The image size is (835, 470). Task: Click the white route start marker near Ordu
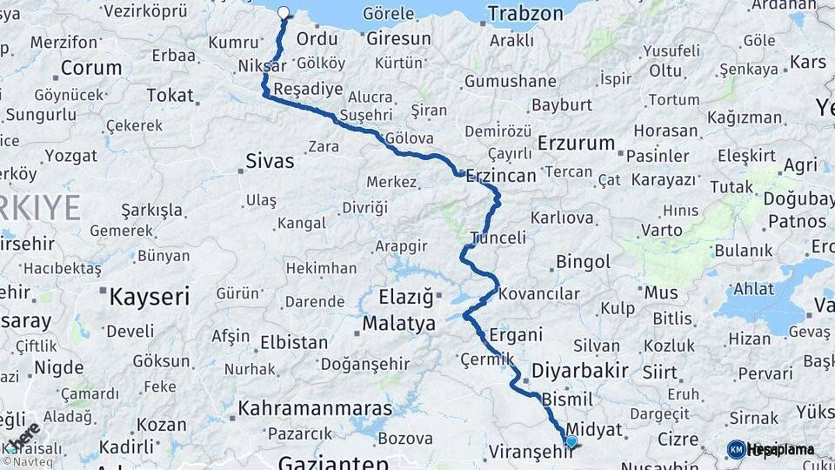point(283,13)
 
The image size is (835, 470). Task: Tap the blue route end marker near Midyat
point(571,442)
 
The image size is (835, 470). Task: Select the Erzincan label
point(501,175)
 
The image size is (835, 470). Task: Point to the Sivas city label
point(270,161)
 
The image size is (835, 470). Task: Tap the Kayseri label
point(149,297)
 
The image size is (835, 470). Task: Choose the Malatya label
point(398,324)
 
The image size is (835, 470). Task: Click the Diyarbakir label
point(580,371)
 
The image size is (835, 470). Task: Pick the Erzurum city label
point(577,143)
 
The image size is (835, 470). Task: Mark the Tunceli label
point(498,238)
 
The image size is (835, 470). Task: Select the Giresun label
point(398,38)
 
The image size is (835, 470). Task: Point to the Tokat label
point(170,95)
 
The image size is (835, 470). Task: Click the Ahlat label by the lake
point(754,290)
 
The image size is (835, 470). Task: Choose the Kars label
point(807,62)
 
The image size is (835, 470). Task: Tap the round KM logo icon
point(736,449)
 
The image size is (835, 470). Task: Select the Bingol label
point(583,262)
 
